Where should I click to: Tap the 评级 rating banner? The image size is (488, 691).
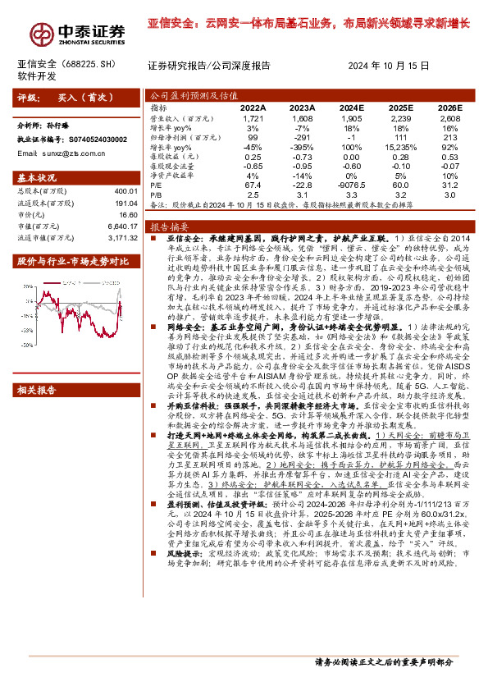[x=65, y=97]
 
